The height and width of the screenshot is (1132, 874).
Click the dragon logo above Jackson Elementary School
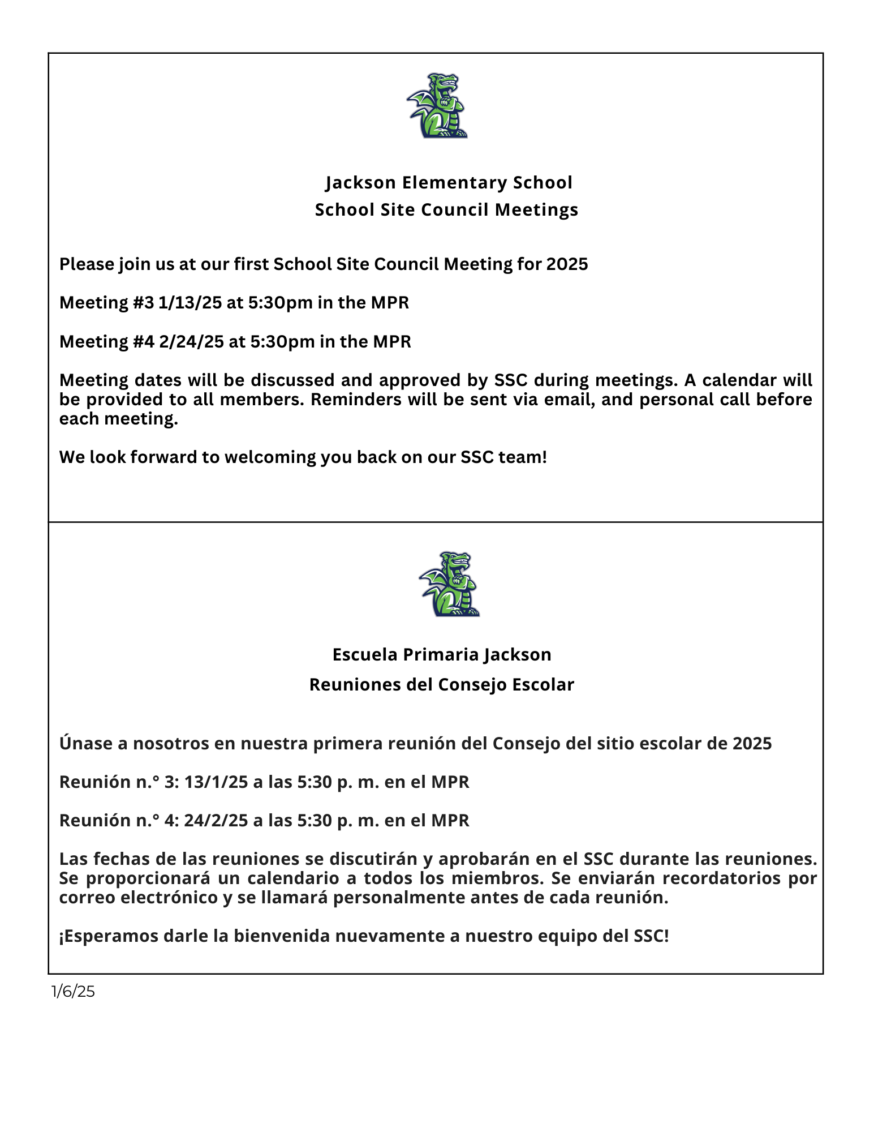tap(437, 106)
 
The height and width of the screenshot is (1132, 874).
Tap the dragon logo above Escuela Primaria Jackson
tap(449, 584)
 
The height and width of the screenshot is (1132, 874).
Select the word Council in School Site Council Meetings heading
tap(455, 210)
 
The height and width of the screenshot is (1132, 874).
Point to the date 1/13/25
tap(190, 303)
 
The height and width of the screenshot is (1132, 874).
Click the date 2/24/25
tap(191, 342)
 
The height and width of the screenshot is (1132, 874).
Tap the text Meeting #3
tap(106, 303)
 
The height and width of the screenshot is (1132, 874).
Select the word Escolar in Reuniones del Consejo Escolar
tap(543, 685)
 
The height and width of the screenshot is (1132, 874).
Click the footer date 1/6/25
tap(73, 991)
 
